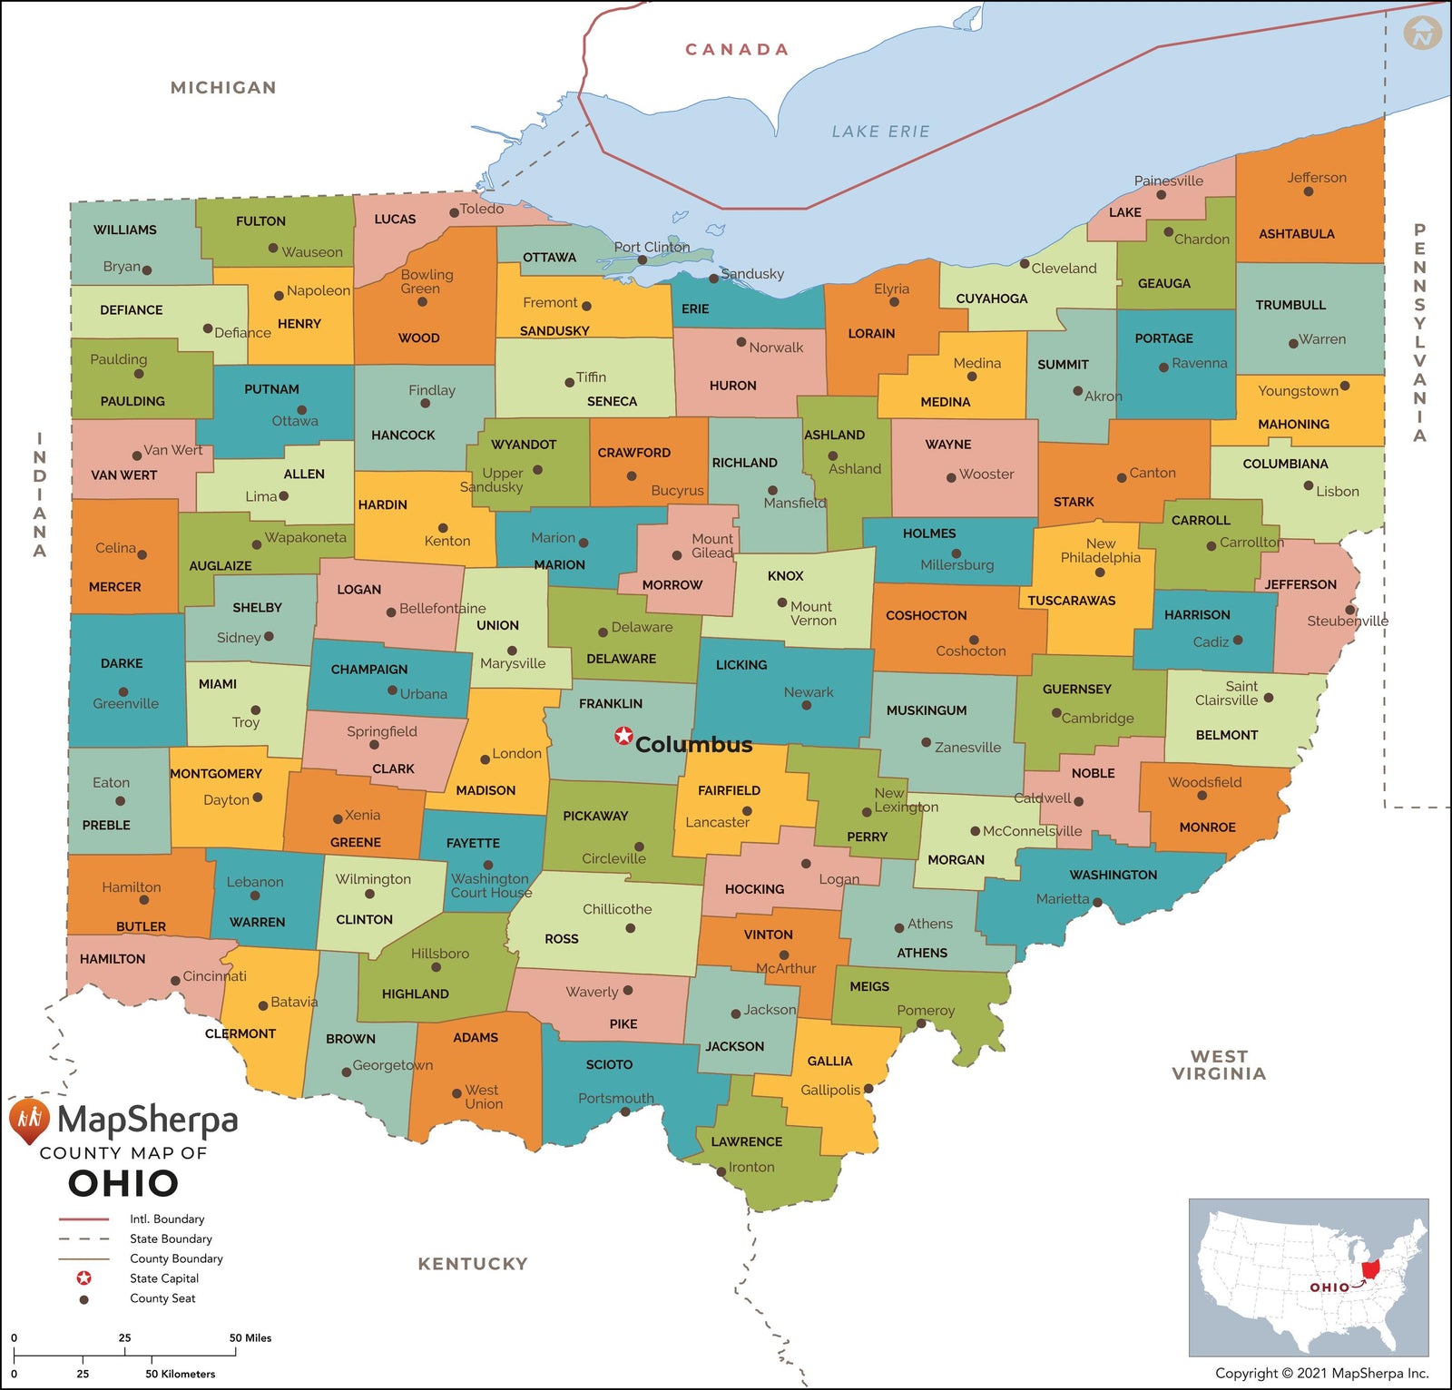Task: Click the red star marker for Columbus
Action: coord(623,736)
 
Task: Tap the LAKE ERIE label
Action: coord(880,132)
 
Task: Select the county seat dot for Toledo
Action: coord(454,212)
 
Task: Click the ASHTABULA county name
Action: coord(1296,234)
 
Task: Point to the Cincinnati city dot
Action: coord(175,981)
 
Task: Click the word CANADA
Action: coord(737,50)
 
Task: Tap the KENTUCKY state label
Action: coord(472,1263)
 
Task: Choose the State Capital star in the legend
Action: coord(83,1278)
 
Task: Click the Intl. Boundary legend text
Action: coord(167,1219)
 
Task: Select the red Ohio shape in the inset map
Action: coord(1370,1268)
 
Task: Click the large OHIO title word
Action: coord(123,1183)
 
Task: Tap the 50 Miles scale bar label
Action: coord(250,1337)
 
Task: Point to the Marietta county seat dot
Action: coord(1097,903)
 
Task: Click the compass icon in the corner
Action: coord(1422,34)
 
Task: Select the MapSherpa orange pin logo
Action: coord(29,1121)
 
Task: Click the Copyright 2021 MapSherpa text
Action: coord(1321,1373)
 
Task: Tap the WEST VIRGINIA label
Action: coord(1218,1065)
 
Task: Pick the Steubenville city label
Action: coord(1347,621)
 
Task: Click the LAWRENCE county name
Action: coord(746,1141)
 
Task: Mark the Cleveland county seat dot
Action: coord(1024,264)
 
